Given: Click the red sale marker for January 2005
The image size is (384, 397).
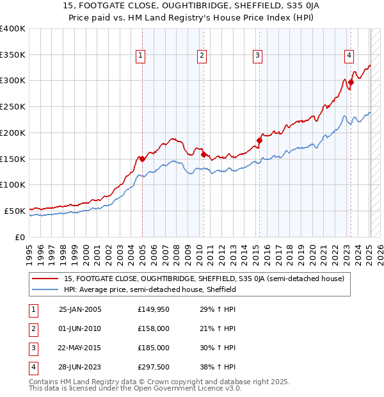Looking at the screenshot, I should pyautogui.click(x=142, y=159).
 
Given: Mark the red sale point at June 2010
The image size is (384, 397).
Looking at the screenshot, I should pyautogui.click(x=203, y=154).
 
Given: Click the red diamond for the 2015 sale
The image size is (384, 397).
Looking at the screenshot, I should pyautogui.click(x=259, y=140).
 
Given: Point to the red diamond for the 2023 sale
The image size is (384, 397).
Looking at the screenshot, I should pyautogui.click(x=351, y=82).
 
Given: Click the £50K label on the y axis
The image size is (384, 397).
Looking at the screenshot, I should pyautogui.click(x=15, y=210).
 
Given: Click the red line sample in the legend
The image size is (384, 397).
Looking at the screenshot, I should pyautogui.click(x=46, y=279).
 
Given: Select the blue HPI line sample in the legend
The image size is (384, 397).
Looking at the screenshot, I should pyautogui.click(x=46, y=289).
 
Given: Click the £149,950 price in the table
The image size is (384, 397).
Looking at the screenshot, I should pyautogui.click(x=153, y=309).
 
